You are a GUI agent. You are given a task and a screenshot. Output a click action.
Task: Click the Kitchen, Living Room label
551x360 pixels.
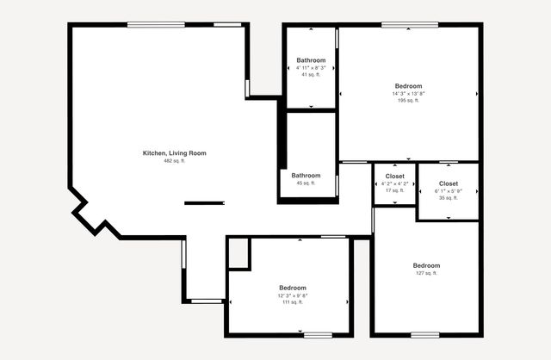click(x=174, y=153)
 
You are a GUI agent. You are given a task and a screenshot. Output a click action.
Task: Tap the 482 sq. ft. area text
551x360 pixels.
click(x=174, y=161)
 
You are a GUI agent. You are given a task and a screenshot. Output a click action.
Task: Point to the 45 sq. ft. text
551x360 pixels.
click(x=306, y=183)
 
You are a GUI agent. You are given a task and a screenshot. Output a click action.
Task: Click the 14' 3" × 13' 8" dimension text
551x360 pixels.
click(x=408, y=93)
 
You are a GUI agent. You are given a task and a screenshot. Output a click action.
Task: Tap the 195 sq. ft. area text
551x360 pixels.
click(x=408, y=101)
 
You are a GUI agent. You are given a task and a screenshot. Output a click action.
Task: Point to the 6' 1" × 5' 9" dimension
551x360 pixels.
click(x=449, y=191)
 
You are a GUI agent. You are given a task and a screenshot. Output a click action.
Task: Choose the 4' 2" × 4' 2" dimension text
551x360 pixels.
click(x=394, y=183)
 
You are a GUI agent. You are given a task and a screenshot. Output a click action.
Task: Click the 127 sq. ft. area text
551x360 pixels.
click(x=426, y=273)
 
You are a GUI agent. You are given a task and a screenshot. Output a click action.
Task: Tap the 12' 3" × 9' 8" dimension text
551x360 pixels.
click(x=292, y=295)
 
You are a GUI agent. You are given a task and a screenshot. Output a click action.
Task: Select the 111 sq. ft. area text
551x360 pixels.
click(x=292, y=302)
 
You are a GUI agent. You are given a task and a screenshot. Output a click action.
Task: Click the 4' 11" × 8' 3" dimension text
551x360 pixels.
click(x=311, y=67)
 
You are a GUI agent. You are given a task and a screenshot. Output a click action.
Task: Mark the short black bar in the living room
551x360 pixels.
click(x=204, y=203)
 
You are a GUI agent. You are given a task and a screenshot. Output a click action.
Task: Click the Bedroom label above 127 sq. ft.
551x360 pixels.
click(x=426, y=265)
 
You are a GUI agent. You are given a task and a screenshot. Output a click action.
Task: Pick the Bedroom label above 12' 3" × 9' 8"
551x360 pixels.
click(x=292, y=288)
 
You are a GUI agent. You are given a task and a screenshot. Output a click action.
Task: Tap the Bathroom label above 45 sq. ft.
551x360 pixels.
click(x=306, y=175)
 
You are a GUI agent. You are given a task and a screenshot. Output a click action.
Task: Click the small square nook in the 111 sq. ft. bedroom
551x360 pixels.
click(x=238, y=253)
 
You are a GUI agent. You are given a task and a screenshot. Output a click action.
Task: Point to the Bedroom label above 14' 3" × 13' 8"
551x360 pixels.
click(x=408, y=85)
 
